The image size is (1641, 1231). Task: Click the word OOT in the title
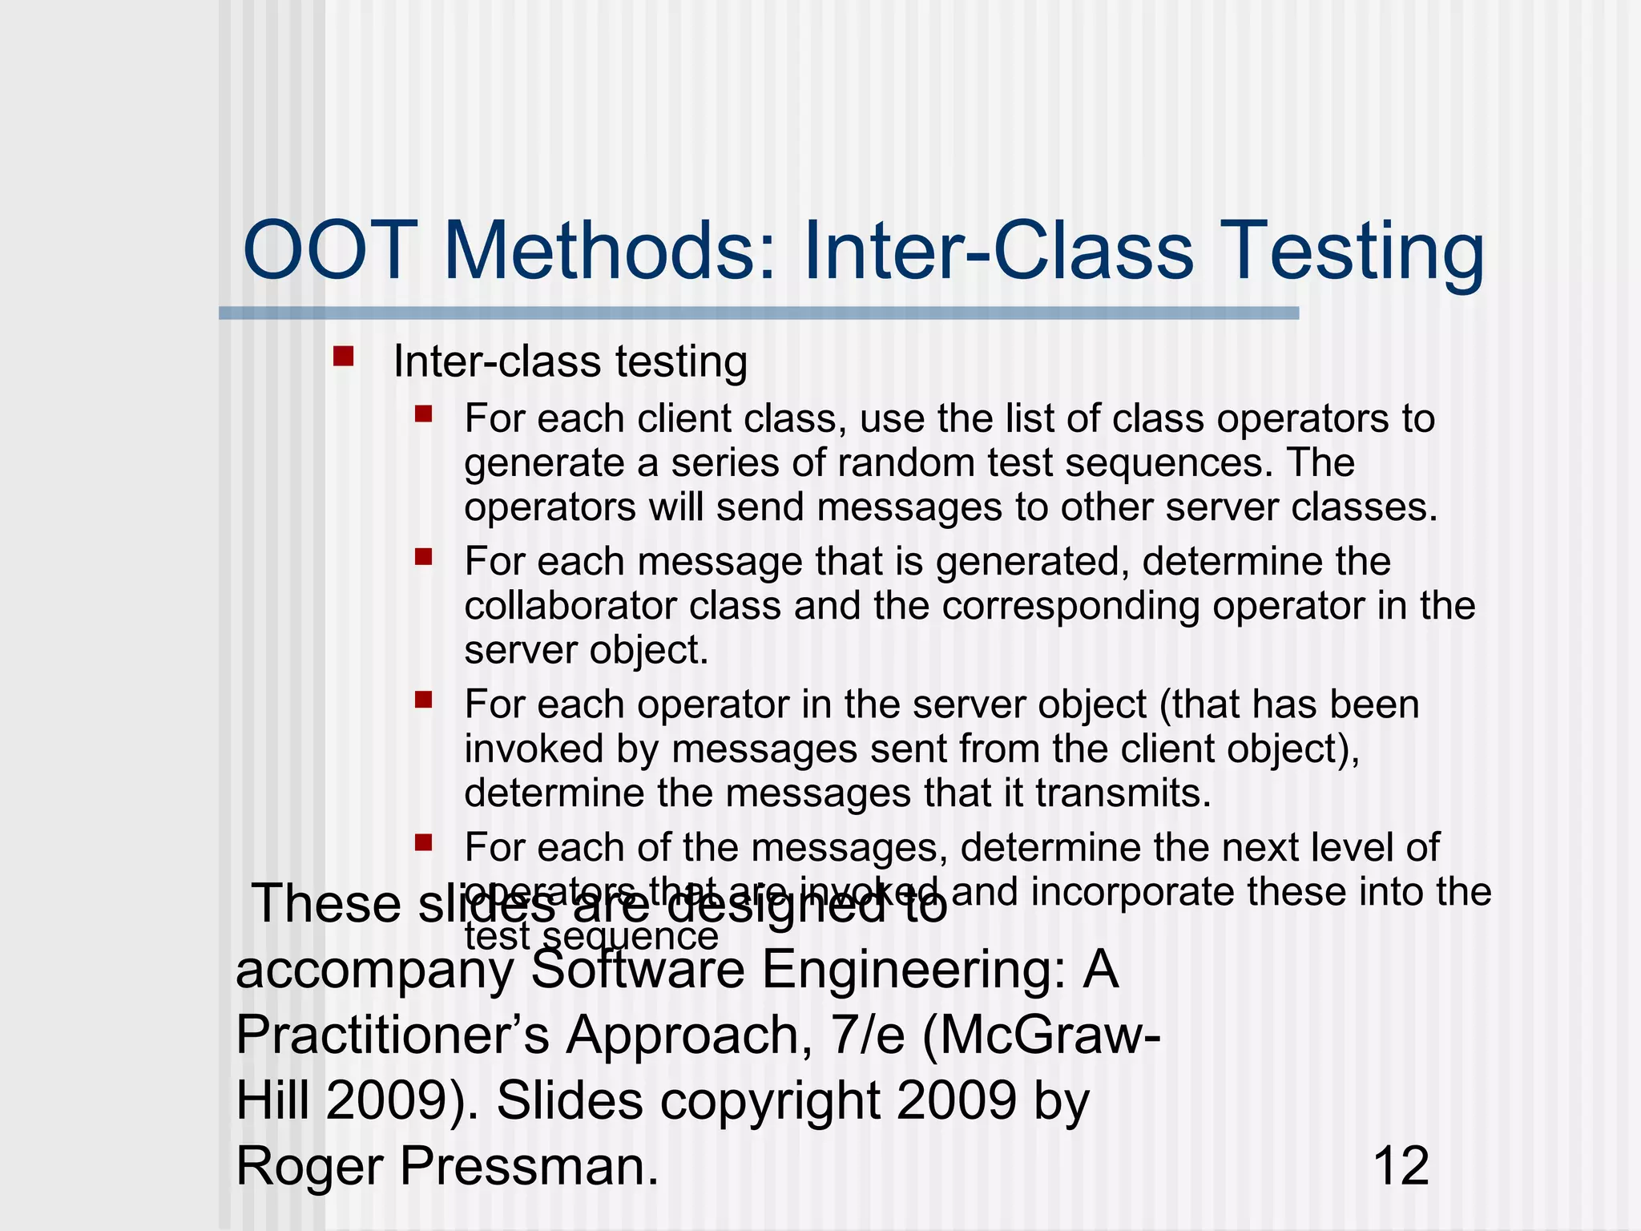pos(330,252)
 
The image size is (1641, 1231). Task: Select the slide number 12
pos(1401,1165)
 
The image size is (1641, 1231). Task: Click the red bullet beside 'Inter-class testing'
pos(344,357)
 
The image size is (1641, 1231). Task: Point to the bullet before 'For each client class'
pos(424,414)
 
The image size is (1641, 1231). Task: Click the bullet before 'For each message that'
pos(424,556)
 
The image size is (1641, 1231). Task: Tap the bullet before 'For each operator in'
pos(424,700)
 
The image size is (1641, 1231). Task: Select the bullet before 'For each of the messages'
pos(424,842)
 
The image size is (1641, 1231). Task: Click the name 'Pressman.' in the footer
pos(529,1165)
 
